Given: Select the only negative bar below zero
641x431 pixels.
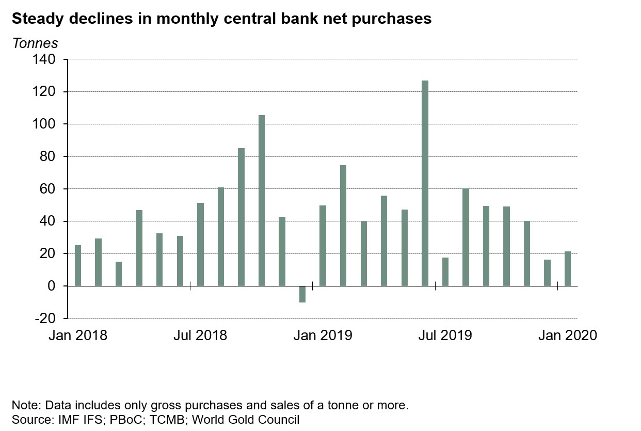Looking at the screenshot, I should pyautogui.click(x=302, y=294).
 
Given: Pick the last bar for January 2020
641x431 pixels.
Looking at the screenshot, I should pyautogui.click(x=568, y=268).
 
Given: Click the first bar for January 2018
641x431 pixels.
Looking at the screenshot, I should pyautogui.click(x=78, y=265).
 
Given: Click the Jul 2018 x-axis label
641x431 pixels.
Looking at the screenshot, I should pyautogui.click(x=200, y=336).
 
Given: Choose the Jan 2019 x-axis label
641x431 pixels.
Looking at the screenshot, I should pyautogui.click(x=323, y=336).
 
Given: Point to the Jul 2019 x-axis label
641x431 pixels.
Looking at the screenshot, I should pyautogui.click(x=445, y=336).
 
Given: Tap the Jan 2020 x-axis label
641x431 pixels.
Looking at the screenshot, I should pyautogui.click(x=567, y=336).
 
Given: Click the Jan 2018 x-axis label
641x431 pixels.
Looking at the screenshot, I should pyautogui.click(x=78, y=336).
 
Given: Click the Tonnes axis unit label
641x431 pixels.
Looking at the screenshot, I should pyautogui.click(x=35, y=43).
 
